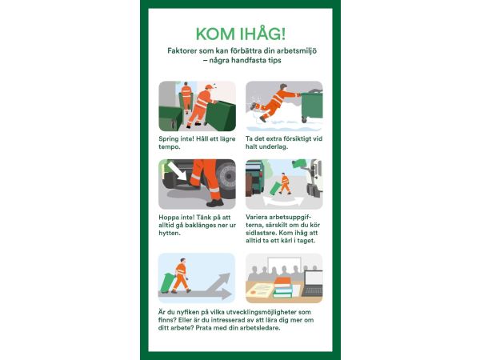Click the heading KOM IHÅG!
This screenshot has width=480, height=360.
click(241, 34)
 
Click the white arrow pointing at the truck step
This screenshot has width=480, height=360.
click(177, 171)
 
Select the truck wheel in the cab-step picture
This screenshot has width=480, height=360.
click(226, 177)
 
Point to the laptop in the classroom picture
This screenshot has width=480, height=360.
click(313, 283)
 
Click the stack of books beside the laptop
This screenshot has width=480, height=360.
click(283, 287)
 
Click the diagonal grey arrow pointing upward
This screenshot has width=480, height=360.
click(218, 282)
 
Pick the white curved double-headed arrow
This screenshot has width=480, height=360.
click(283, 202)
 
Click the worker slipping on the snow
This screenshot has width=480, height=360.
click(274, 102)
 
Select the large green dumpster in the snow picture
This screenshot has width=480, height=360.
click(312, 106)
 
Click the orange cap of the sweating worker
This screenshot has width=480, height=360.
click(210, 87)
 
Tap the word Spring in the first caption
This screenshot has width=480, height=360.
click(169, 139)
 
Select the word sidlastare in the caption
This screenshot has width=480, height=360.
click(261, 233)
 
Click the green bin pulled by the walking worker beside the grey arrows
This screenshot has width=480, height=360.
click(167, 282)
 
